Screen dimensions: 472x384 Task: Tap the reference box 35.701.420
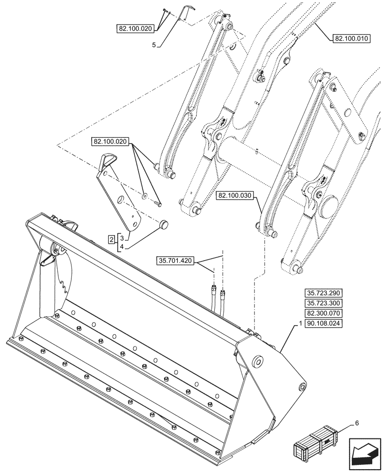tap(175, 260)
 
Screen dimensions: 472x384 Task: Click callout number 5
tap(154, 45)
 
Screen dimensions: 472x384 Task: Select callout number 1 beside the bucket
tap(301, 324)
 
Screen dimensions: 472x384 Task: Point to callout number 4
tap(122, 246)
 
